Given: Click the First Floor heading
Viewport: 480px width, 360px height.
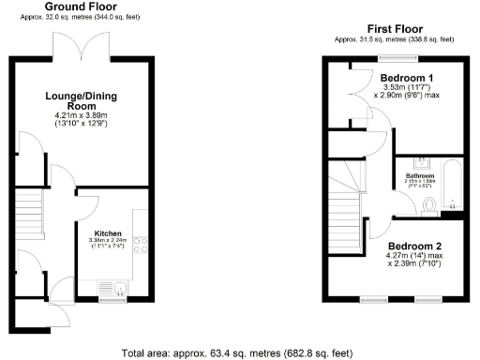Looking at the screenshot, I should (x=395, y=29).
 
